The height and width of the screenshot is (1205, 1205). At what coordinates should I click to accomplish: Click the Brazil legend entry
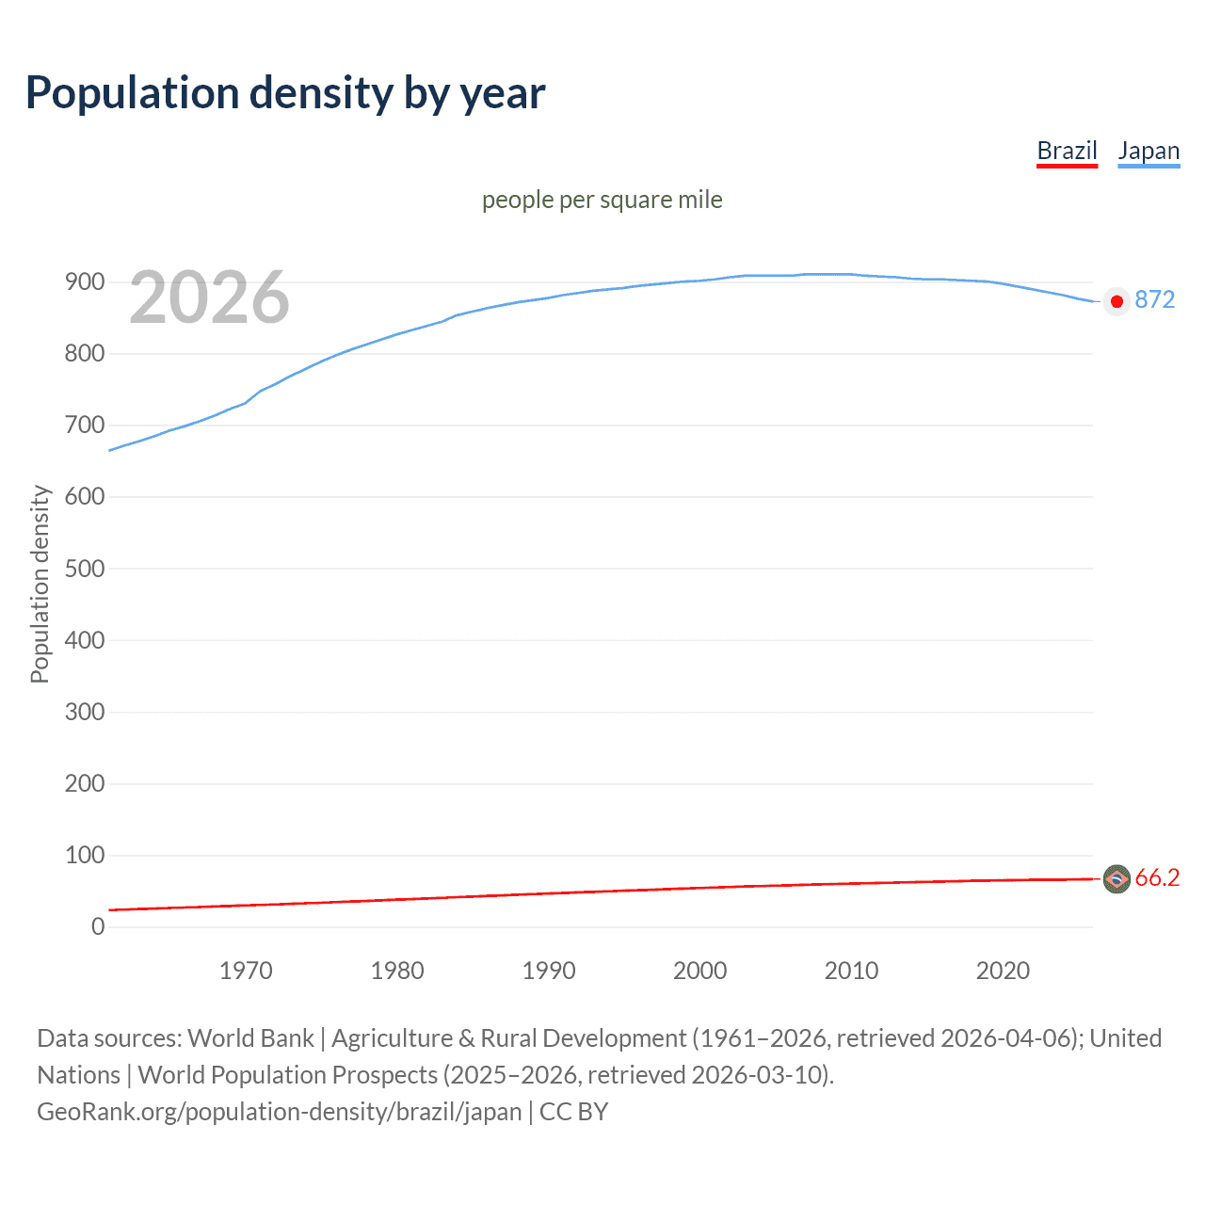(1067, 151)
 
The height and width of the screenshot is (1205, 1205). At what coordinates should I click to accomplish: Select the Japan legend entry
(1149, 151)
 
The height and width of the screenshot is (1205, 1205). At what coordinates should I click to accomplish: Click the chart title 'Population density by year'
(285, 93)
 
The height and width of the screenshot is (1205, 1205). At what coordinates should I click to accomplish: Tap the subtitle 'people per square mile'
(602, 200)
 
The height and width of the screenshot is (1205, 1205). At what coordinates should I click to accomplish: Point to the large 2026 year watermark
(209, 297)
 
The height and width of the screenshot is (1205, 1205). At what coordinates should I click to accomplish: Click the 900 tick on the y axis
(85, 282)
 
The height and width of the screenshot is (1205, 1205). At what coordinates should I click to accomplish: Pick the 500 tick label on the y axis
(85, 569)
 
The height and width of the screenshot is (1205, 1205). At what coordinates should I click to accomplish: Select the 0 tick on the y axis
(98, 926)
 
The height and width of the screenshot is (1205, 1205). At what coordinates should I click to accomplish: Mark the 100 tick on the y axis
(85, 855)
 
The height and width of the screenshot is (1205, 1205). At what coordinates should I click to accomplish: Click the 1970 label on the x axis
(246, 971)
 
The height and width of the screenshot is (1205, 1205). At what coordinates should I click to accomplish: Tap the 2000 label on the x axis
(699, 971)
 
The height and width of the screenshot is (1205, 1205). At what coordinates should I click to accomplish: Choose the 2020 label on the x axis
(1003, 971)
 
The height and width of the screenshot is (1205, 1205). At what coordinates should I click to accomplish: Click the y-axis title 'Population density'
(40, 584)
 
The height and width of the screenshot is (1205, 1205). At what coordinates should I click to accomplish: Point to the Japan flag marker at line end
(1117, 301)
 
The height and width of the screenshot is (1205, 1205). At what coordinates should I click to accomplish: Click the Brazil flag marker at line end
(1117, 879)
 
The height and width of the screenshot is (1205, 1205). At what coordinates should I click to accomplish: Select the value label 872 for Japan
(1155, 299)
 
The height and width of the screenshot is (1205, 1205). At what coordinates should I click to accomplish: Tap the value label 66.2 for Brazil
(1157, 877)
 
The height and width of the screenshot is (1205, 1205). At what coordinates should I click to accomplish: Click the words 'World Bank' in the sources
(250, 1038)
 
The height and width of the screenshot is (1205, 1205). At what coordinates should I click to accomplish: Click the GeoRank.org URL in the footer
(279, 1112)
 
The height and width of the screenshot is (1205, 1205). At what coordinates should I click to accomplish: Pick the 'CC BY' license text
(573, 1112)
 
